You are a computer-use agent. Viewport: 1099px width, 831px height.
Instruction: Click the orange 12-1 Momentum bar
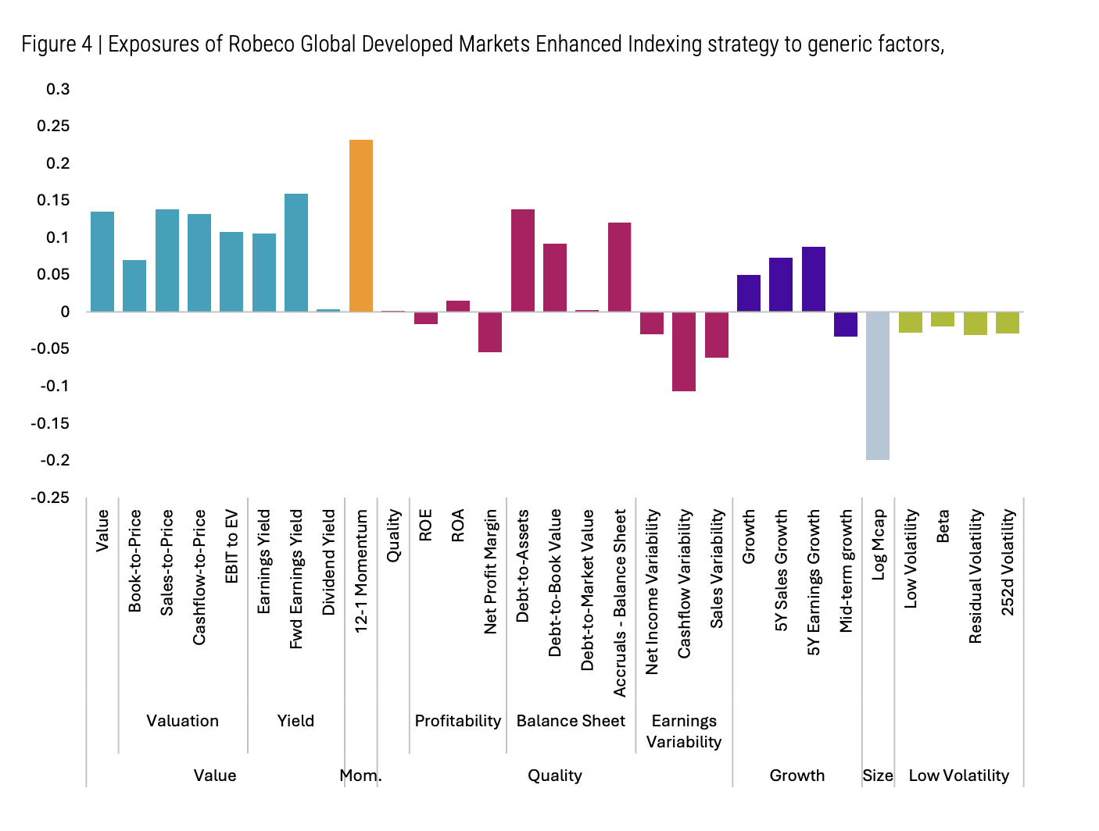[x=360, y=226]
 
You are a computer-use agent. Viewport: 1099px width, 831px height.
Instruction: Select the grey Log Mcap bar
[x=877, y=386]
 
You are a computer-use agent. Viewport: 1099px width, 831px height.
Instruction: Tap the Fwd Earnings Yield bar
[x=295, y=252]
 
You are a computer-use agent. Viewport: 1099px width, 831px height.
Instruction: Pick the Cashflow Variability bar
[x=684, y=351]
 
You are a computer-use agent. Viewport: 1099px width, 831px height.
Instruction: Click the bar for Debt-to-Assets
[x=522, y=260]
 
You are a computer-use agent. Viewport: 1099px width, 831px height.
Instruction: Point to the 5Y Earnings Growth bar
[x=813, y=279]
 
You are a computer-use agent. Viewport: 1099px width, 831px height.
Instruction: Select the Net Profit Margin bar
[x=490, y=332]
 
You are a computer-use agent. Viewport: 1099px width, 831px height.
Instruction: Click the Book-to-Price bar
[x=134, y=286]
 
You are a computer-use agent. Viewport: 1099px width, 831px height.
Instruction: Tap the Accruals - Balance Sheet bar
[x=619, y=267]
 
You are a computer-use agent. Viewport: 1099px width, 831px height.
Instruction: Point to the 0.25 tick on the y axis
[x=53, y=127]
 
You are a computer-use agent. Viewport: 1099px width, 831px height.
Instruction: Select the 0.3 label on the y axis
[x=58, y=89]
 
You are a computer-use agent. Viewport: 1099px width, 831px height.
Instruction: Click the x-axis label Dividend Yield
[x=328, y=562]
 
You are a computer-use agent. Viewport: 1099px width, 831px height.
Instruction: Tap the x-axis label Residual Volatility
[x=975, y=576]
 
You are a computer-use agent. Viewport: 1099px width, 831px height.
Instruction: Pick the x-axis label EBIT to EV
[x=231, y=546]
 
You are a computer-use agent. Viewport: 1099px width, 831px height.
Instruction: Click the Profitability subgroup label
[x=457, y=721]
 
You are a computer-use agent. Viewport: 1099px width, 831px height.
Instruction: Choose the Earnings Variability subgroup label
[x=684, y=731]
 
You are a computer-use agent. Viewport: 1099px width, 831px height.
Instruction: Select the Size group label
[x=877, y=776]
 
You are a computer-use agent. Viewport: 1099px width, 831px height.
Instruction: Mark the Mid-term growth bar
[x=845, y=324]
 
